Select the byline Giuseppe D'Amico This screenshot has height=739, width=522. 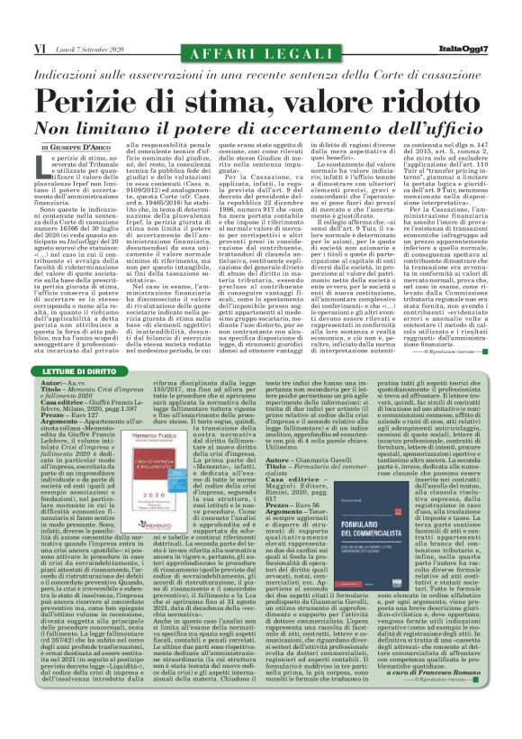(81, 120)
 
